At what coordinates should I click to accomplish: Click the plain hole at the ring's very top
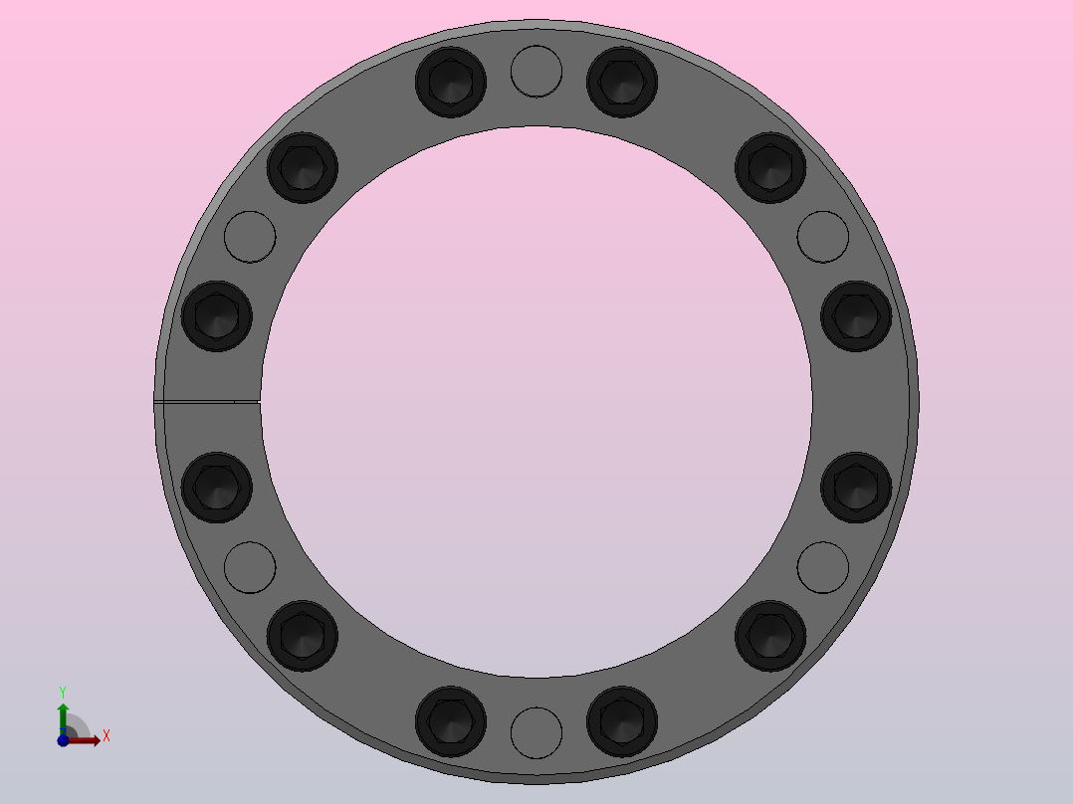point(536,72)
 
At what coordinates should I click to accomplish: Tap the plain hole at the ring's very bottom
point(536,732)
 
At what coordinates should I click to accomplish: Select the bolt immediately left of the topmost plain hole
point(451,83)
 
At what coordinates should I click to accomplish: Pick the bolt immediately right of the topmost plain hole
point(622,83)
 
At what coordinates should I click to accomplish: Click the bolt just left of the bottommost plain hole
point(451,721)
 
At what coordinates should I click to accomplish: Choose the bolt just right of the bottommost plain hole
point(622,721)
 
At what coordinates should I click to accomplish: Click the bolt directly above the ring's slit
point(217,316)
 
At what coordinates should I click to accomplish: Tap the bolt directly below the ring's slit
point(217,488)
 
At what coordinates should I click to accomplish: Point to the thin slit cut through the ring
point(207,402)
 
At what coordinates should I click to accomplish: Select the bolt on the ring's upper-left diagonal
point(303,167)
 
